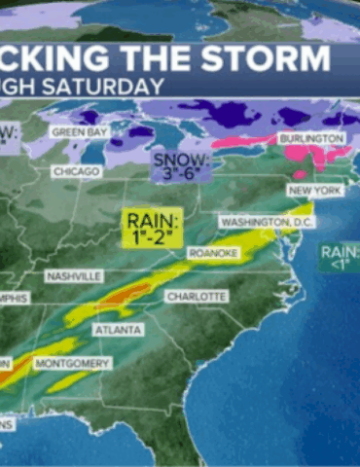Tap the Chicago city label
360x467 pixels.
point(76,171)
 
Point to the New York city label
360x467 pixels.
point(314,191)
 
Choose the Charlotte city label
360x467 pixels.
point(197,295)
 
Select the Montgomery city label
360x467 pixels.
point(72,363)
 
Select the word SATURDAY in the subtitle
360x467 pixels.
point(107,86)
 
